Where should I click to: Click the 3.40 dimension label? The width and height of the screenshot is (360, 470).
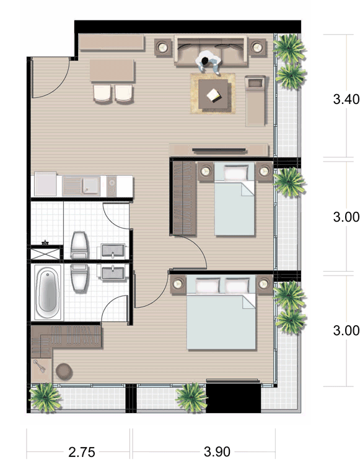pyautogui.click(x=346, y=99)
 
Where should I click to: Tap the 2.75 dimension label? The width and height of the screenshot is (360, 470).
pyautogui.click(x=82, y=452)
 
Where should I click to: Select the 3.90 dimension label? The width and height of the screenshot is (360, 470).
pyautogui.click(x=217, y=451)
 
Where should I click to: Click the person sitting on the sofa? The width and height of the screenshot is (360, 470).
pyautogui.click(x=208, y=64)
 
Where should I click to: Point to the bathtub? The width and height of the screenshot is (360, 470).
pyautogui.click(x=47, y=292)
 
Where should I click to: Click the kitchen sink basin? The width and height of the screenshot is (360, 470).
pyautogui.click(x=91, y=185)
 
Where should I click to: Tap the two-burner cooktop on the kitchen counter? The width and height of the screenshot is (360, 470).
pyautogui.click(x=112, y=186)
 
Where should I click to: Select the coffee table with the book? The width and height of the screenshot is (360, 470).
pyautogui.click(x=213, y=94)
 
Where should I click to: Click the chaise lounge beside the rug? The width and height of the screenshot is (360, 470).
pyautogui.click(x=255, y=100)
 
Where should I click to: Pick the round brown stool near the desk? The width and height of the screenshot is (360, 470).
pyautogui.click(x=64, y=372)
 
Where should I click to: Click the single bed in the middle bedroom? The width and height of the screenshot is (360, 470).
pyautogui.click(x=234, y=199)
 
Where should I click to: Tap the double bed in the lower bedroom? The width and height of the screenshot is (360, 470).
pyautogui.click(x=221, y=313)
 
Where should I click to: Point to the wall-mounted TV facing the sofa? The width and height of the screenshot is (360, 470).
pyautogui.click(x=219, y=150)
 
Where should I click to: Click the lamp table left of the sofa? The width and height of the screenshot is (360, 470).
pyautogui.click(x=163, y=47)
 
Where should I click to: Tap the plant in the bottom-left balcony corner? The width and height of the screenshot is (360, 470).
pyautogui.click(x=45, y=397)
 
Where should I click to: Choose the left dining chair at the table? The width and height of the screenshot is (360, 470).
pyautogui.click(x=102, y=94)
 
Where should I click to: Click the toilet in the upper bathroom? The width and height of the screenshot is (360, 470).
pyautogui.click(x=80, y=245)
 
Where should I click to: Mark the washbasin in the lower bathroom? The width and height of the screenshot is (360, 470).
pyautogui.click(x=113, y=273)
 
